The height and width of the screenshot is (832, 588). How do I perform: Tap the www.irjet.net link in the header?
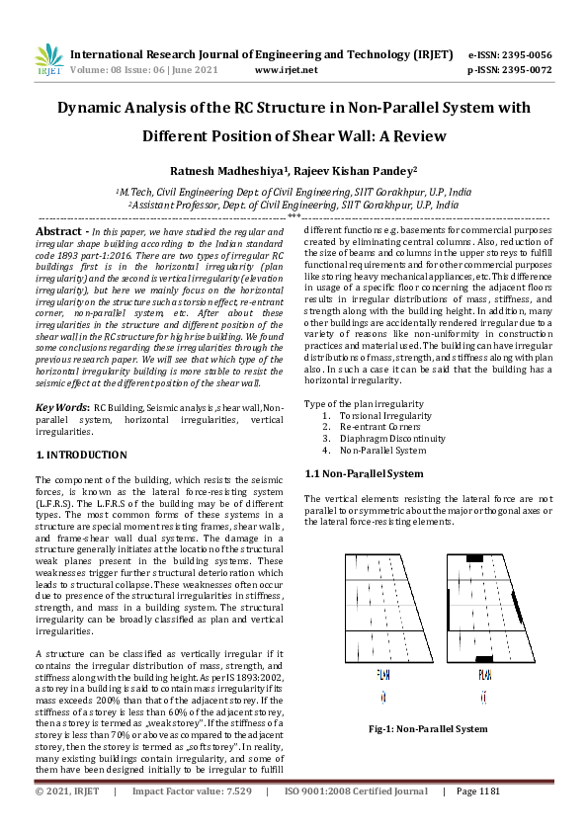click(286, 70)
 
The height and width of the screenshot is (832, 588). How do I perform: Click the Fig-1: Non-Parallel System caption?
click(427, 729)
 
